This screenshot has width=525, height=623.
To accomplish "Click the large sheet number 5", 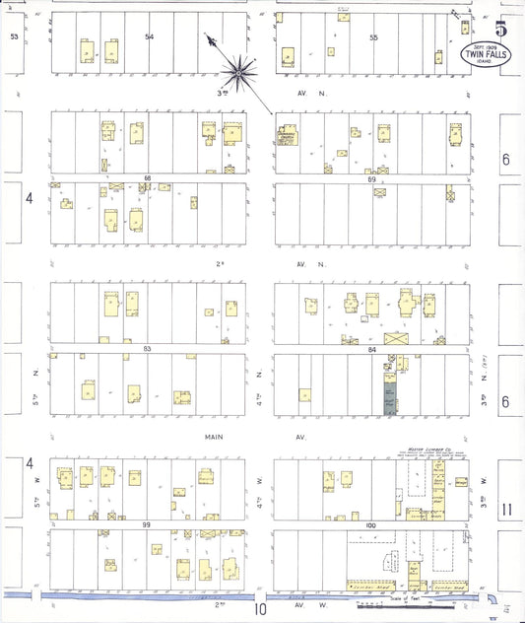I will tap(501, 29).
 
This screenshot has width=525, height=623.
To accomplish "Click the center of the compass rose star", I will tap(241, 69).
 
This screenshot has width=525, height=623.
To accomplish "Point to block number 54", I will tap(150, 36).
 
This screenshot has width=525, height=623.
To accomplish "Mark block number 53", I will tap(14, 36).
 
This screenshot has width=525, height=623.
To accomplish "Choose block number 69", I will tap(371, 179).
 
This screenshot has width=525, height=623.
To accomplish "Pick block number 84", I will tap(371, 349).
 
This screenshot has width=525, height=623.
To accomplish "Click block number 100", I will tap(371, 524).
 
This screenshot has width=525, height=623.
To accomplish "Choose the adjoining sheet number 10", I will tap(260, 608).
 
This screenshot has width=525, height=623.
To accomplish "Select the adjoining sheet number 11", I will tap(507, 510).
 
